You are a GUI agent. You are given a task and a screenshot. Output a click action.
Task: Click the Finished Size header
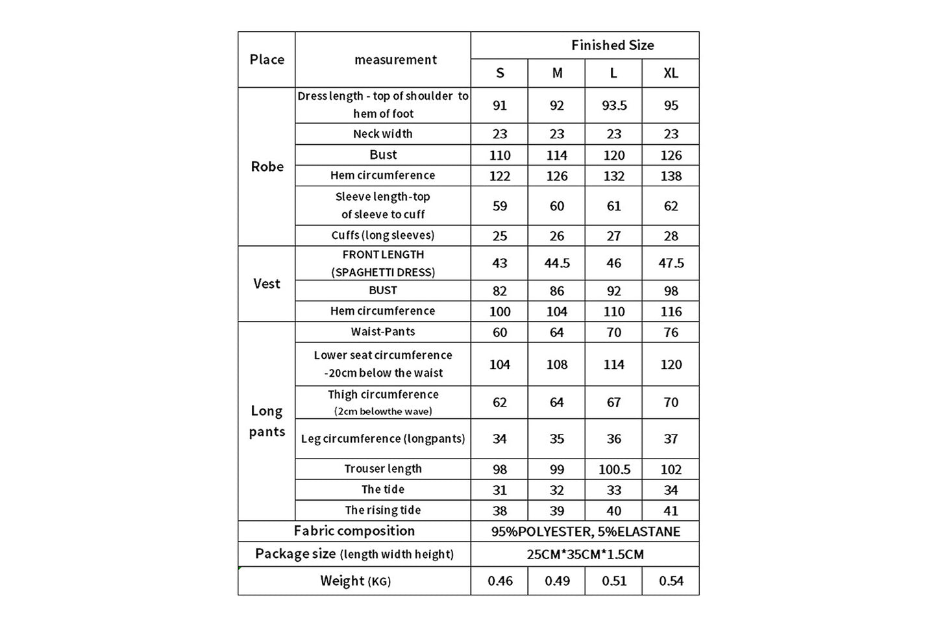[x=612, y=45]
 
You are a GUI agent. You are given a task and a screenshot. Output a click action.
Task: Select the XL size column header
[x=671, y=73]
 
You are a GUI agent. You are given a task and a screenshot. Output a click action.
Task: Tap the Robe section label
[x=267, y=167]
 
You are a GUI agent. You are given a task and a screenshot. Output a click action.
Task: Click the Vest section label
[x=267, y=284]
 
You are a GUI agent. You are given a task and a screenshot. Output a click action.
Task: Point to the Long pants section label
[x=267, y=421]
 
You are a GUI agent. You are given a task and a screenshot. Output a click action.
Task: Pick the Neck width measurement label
[x=383, y=134]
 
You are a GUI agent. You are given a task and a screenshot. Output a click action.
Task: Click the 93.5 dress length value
[x=613, y=105]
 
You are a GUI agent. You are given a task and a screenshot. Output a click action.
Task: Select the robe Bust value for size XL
[x=671, y=155]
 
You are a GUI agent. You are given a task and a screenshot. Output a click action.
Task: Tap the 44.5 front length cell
[x=556, y=263]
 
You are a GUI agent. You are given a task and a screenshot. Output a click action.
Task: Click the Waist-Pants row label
[x=383, y=332]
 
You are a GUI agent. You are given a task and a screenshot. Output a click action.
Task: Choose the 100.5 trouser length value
[x=613, y=470]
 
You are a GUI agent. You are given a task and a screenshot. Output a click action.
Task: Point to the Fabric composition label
[x=354, y=531]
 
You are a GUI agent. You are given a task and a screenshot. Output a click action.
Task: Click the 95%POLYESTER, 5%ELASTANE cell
[x=586, y=532]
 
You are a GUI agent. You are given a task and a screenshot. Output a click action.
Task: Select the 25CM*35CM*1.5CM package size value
[x=586, y=555]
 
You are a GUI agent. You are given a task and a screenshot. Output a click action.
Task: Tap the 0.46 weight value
[x=500, y=581]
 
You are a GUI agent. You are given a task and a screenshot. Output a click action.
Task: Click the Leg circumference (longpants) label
[x=383, y=439]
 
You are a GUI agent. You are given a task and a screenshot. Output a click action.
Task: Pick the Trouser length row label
[x=383, y=469]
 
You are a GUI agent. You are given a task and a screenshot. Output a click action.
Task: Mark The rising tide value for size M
[x=556, y=511]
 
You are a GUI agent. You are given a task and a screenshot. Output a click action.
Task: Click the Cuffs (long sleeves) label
[x=383, y=235]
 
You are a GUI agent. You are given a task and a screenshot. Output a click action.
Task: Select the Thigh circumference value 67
[x=613, y=403]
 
